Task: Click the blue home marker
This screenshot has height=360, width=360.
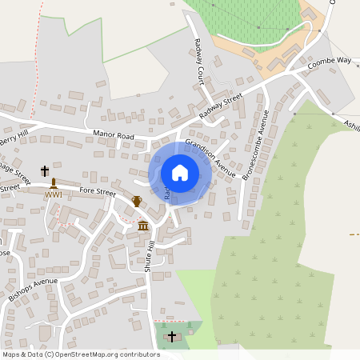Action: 180,173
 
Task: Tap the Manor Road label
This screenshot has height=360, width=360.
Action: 113,135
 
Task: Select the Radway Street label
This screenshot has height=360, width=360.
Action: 221,106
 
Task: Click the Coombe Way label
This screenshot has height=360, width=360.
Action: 330,61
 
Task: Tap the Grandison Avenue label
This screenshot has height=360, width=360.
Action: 210,158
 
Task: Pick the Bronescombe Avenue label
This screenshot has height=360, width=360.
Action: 255,145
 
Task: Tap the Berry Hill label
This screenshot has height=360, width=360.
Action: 14,138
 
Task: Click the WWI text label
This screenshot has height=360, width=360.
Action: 54,194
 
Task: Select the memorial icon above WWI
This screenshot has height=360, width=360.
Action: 54,183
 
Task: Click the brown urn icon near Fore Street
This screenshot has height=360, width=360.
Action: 137,202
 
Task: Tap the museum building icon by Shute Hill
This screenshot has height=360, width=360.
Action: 143,226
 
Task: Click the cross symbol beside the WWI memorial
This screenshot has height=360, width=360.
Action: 44,171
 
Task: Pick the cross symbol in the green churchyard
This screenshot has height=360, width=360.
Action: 172,337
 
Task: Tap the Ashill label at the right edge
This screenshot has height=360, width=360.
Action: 351,124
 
